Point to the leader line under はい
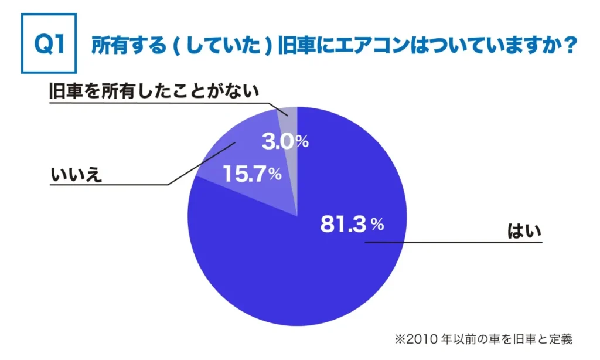(x=457, y=241)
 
